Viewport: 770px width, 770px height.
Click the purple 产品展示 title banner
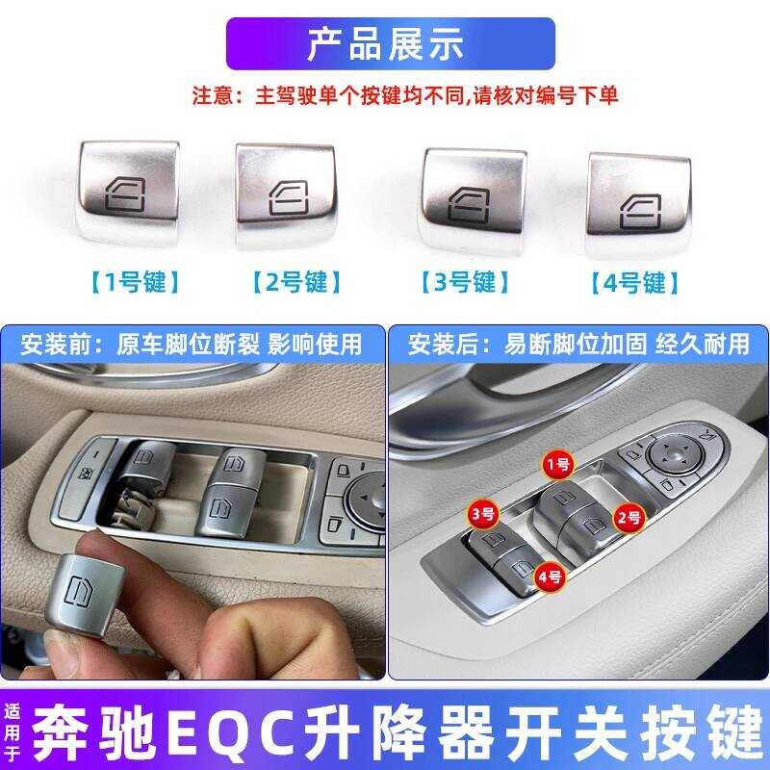pos(389,44)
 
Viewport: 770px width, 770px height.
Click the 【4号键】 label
pos(635,282)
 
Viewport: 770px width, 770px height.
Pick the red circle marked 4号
pos(551,577)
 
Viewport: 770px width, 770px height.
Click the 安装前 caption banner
pos(192,343)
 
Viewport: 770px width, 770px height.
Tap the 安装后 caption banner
pos(577,343)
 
